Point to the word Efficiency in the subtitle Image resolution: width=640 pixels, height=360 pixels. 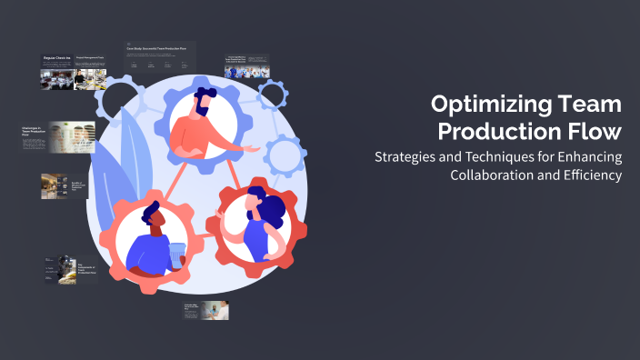pyautogui.click(x=589, y=174)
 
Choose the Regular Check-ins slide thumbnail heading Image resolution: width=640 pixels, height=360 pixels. pyautogui.click(x=57, y=58)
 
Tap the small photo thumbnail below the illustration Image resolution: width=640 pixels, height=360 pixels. pyautogui.click(x=215, y=311)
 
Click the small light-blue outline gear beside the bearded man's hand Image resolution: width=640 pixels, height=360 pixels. pyautogui.click(x=285, y=154)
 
